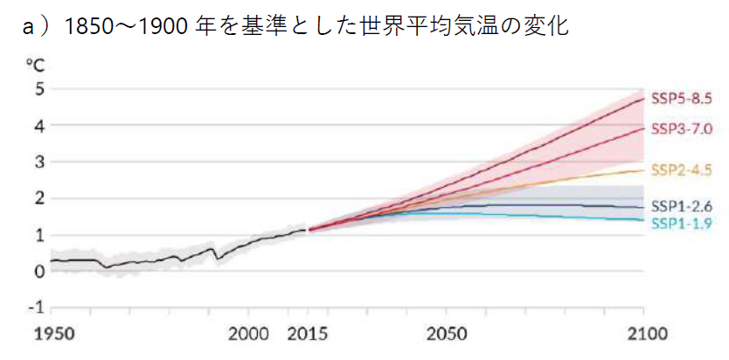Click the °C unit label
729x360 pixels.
point(35,64)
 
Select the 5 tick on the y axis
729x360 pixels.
point(38,88)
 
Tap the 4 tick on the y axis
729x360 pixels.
point(38,125)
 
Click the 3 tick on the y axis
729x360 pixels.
point(38,162)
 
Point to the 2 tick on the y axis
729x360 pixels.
point(38,198)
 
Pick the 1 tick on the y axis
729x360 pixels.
point(38,234)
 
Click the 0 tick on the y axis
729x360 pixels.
point(38,271)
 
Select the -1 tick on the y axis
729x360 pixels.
point(36,308)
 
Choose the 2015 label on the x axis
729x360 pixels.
point(308,335)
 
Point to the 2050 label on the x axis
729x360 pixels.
point(446,335)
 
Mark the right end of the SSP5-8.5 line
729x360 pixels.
point(643,99)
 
